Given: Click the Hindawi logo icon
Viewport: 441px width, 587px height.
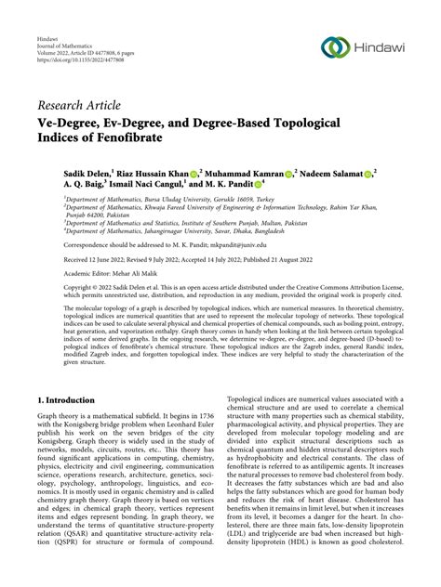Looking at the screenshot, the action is (x=338, y=47).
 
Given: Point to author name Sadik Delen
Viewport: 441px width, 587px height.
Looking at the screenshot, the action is (x=62, y=173).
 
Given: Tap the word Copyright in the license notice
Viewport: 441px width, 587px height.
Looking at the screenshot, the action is (x=55, y=291).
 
